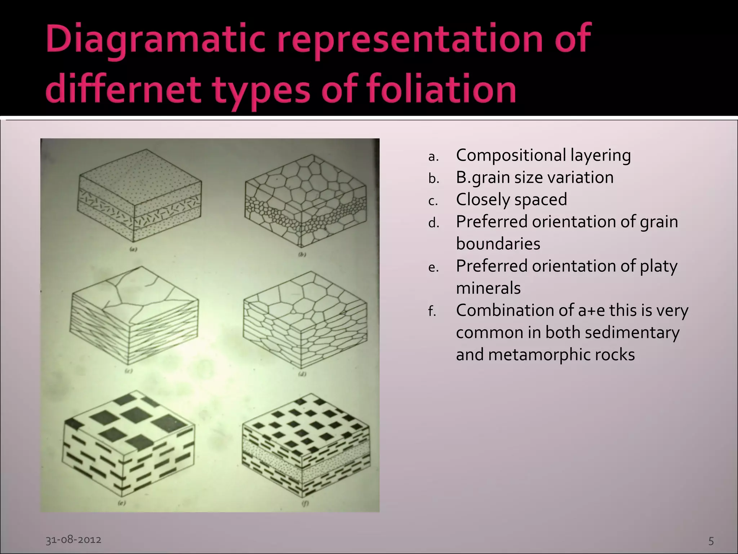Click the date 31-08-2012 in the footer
tap(74, 540)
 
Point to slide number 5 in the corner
tap(711, 541)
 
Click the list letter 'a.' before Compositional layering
tap(433, 157)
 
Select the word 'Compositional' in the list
tap(511, 155)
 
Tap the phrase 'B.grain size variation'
tap(535, 177)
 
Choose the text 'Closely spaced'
tap(511, 199)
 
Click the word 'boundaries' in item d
tap(498, 244)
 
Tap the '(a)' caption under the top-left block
tap(133, 249)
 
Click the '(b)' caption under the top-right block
tap(302, 254)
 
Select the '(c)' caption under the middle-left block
tap(129, 370)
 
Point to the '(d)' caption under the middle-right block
tap(302, 374)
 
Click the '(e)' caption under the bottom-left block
tap(122, 502)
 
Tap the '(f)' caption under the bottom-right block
tap(305, 504)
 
